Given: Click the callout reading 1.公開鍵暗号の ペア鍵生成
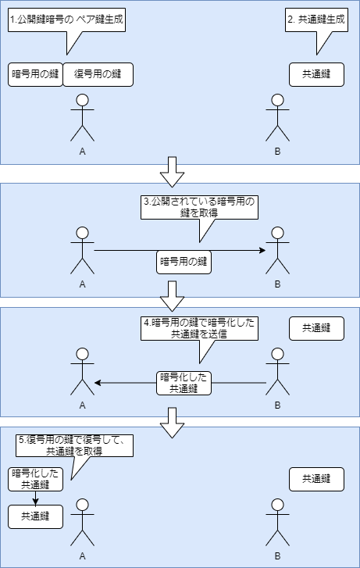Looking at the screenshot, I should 67,20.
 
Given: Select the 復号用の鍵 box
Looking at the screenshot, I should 98,74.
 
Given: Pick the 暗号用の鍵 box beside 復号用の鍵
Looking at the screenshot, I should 35,74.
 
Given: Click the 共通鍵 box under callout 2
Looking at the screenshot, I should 316,74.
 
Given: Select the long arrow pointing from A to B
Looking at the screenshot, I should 125,250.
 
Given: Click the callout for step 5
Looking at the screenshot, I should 75,446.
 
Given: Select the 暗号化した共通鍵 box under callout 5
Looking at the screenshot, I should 35,479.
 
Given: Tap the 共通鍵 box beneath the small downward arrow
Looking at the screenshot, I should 35,516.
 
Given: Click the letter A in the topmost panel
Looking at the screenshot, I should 82,152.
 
